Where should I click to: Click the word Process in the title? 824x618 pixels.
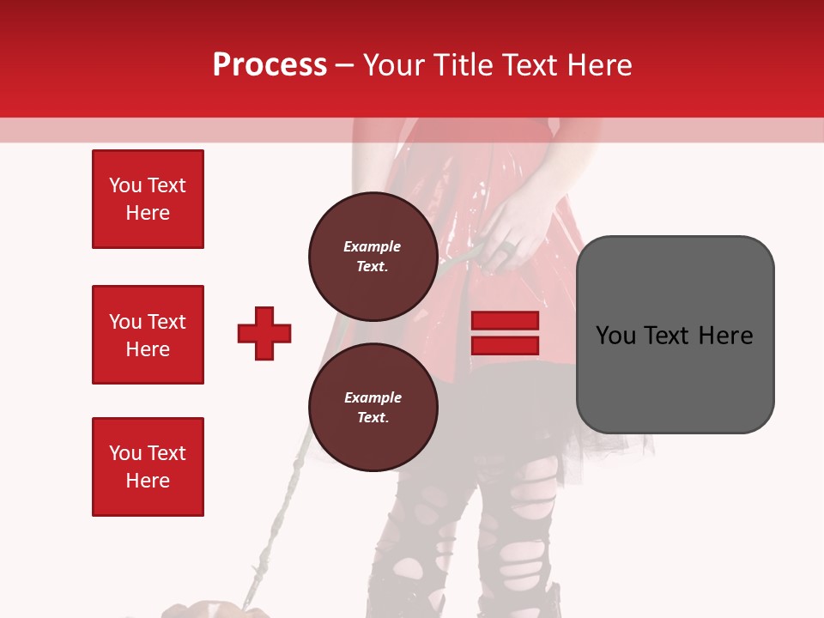270,65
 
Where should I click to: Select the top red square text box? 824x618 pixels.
148,199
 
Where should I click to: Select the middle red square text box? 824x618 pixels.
148,335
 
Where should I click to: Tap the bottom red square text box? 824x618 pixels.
148,467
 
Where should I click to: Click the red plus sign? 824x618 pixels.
264,333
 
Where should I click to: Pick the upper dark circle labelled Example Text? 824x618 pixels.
373,256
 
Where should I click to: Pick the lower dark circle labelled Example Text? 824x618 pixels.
373,407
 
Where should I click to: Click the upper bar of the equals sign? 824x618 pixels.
506,321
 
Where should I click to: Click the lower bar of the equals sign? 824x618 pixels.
506,345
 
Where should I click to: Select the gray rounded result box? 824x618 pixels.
675,335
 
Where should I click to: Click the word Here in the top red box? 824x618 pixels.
148,213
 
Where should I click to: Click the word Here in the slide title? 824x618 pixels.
598,65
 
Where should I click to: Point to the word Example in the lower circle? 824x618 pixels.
373,397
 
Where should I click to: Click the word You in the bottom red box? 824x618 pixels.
125,453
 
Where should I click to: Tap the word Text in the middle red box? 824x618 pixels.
167,322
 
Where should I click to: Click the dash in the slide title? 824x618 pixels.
345,65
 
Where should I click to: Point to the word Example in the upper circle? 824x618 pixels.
373,246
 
